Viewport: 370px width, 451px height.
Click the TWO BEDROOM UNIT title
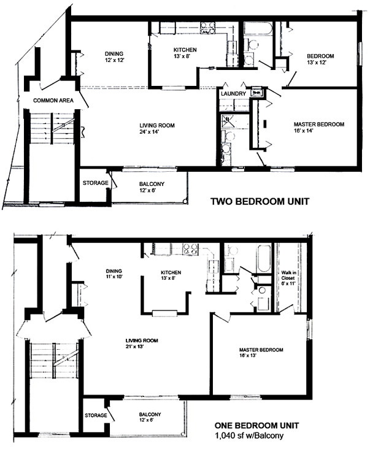260,201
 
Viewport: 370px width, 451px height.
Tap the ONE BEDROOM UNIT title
256,425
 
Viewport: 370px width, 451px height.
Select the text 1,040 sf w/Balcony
249,436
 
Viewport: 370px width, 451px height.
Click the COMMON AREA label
53,101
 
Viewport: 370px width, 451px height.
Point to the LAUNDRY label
233,93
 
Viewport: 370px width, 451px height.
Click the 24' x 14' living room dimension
149,132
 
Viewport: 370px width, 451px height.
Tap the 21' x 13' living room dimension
134,347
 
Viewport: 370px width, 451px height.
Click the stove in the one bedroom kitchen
191,249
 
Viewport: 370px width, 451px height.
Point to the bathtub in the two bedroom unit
258,29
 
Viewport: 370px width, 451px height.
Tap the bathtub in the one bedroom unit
264,258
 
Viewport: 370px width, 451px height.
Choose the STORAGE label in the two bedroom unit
96,183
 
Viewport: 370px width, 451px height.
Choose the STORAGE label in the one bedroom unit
96,415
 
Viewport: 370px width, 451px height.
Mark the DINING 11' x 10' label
114,274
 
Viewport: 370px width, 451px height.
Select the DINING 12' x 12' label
114,56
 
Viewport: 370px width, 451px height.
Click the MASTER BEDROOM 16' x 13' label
261,352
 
